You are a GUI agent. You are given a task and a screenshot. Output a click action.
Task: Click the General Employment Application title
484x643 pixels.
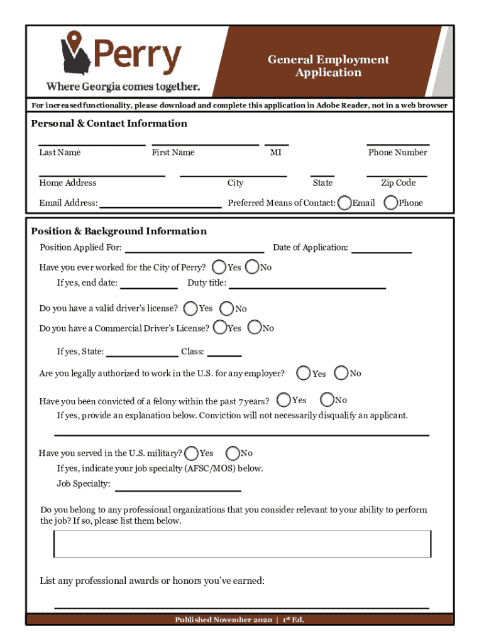pos(328,66)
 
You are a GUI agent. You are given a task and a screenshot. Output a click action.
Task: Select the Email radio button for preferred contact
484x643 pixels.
pos(344,203)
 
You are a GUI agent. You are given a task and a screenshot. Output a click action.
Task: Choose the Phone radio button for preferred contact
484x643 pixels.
pos(390,203)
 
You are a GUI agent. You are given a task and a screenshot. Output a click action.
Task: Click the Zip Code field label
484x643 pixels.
pos(398,183)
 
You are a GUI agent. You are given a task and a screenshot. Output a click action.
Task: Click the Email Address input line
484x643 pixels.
pos(160,205)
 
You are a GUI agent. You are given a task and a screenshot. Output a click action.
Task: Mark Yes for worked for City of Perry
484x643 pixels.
pos(220,267)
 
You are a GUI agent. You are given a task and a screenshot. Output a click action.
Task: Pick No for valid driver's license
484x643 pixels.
pos(227,308)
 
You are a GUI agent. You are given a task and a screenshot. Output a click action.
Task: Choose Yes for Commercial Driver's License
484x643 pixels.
pos(220,328)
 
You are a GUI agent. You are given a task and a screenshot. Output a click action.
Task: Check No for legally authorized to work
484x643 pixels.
pos(341,373)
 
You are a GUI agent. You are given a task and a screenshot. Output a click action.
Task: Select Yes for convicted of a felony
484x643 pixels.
pos(283,400)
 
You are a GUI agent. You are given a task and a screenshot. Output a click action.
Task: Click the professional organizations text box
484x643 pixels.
pos(243,544)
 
